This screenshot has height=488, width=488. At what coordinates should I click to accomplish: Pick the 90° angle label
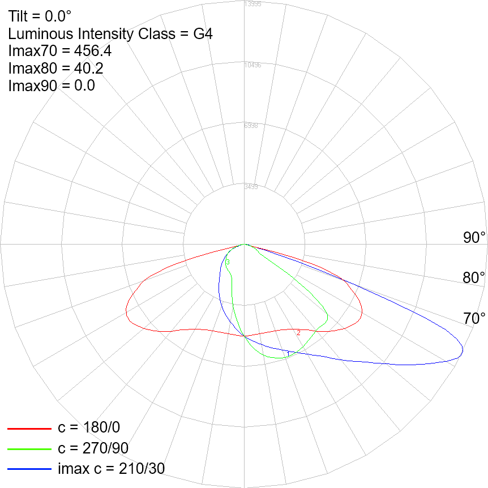[x=474, y=238]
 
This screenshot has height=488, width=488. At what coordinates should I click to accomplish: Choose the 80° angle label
[x=474, y=278]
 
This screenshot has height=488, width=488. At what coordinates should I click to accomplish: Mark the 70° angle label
[x=474, y=319]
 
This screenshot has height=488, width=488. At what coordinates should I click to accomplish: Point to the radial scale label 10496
[x=252, y=65]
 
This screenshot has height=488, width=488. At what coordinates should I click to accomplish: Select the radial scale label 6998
[x=251, y=126]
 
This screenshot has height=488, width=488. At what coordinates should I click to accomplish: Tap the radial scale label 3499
[x=251, y=187]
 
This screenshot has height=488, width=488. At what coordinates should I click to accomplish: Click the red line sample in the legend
[x=29, y=429]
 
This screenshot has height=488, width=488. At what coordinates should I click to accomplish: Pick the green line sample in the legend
[x=29, y=449]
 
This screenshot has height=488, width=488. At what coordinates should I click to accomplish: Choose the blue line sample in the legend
[x=29, y=469]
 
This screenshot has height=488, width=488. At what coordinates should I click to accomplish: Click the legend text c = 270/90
[x=93, y=449]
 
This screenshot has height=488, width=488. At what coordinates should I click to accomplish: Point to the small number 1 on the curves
[x=288, y=354]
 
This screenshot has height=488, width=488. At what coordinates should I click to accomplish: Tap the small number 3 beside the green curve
[x=228, y=263]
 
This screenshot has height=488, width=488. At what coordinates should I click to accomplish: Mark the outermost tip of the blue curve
[x=463, y=352]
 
